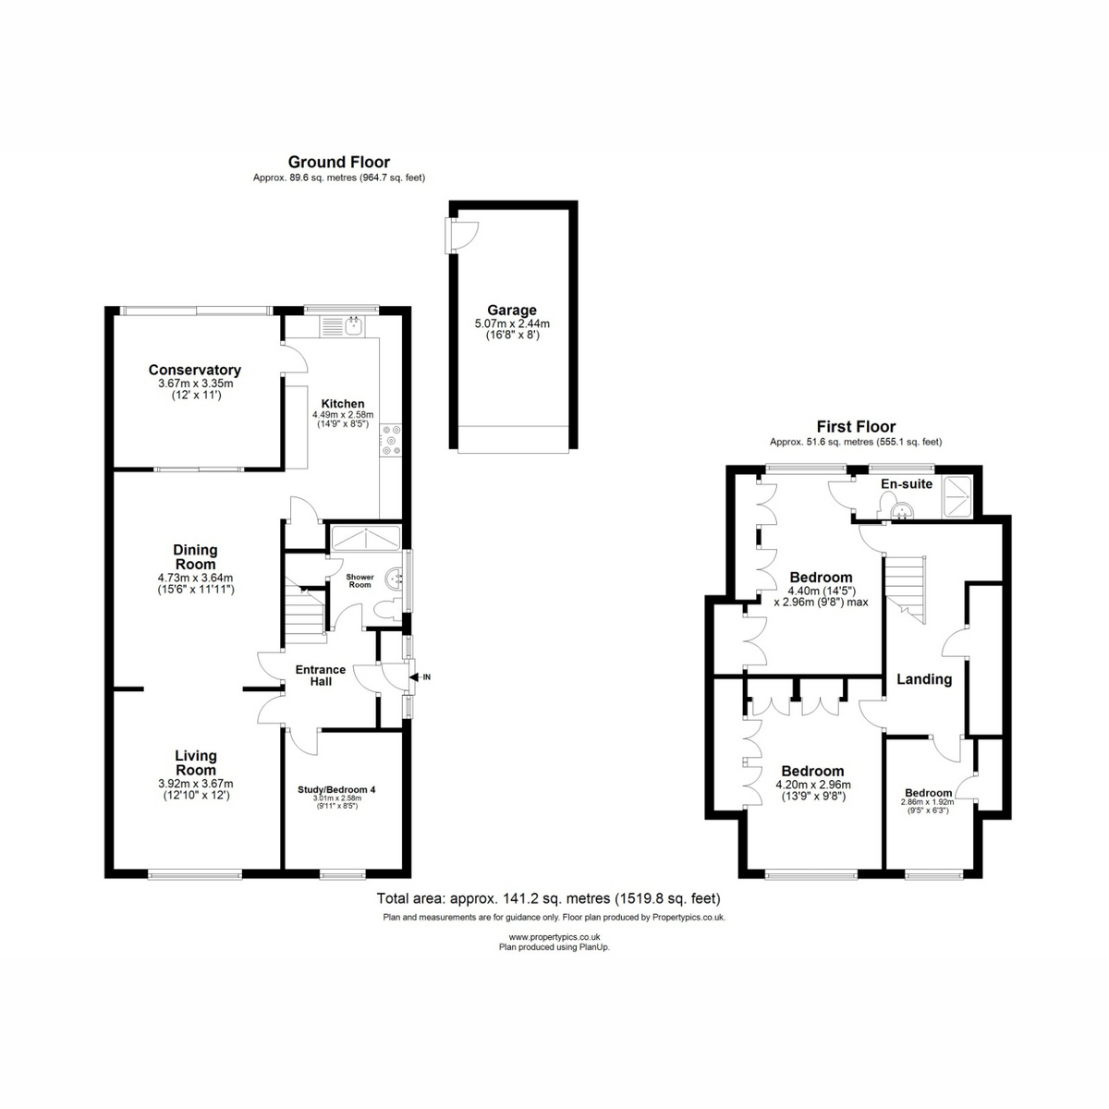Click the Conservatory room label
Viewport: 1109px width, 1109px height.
click(x=194, y=370)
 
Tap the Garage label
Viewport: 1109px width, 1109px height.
click(x=512, y=311)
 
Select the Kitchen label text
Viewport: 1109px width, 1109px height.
click(x=343, y=404)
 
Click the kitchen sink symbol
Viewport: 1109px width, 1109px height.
click(x=353, y=325)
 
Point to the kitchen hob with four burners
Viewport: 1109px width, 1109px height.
click(x=391, y=440)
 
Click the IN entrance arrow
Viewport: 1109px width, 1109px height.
click(x=420, y=677)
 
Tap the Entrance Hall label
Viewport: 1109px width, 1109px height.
click(x=321, y=676)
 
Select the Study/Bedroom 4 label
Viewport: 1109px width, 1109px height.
click(x=336, y=789)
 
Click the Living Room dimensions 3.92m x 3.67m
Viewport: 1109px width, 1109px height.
click(x=196, y=784)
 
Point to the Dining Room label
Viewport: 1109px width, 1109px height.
click(x=196, y=557)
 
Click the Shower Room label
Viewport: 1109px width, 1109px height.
click(x=360, y=580)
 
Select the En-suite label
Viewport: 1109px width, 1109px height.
click(x=907, y=484)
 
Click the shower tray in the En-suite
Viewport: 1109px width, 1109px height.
click(x=957, y=496)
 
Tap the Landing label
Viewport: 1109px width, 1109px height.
click(x=924, y=679)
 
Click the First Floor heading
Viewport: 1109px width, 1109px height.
click(x=856, y=426)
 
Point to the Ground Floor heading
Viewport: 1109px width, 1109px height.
click(x=339, y=162)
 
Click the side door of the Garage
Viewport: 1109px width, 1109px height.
click(x=461, y=236)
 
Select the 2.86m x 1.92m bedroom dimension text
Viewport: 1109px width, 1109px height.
click(x=927, y=801)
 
